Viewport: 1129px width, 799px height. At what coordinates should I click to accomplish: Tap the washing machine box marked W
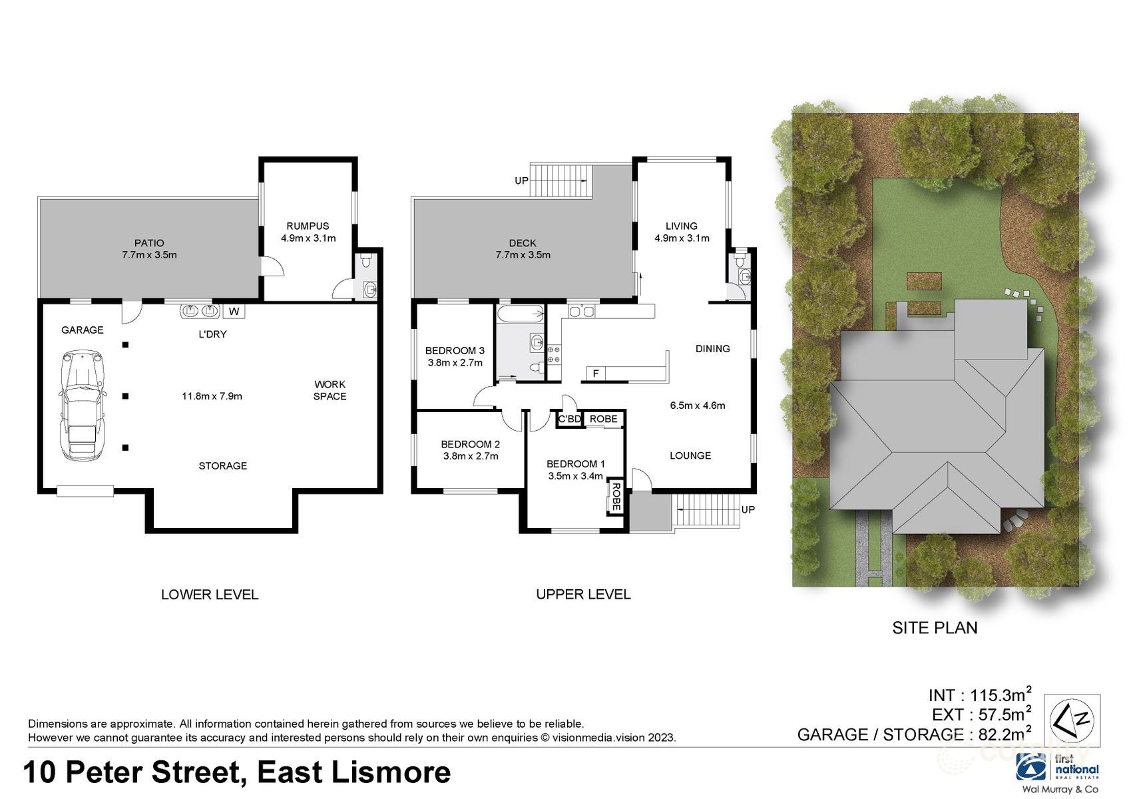click(234, 311)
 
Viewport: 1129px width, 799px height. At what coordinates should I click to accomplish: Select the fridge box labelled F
click(596, 374)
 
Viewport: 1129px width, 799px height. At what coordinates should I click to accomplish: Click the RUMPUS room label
click(308, 226)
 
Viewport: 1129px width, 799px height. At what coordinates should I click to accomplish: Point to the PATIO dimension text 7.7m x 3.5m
click(149, 255)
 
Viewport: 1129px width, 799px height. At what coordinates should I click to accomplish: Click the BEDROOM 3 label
click(455, 350)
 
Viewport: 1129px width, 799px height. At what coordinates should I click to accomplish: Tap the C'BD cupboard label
click(569, 419)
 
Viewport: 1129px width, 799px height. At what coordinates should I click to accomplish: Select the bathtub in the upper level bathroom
click(520, 314)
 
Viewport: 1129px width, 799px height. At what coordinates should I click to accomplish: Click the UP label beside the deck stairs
click(522, 180)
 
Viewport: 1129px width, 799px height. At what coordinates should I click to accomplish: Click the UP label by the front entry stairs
click(748, 509)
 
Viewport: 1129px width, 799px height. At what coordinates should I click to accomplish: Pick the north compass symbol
click(1072, 720)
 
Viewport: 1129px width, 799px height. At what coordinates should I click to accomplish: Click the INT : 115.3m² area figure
click(980, 695)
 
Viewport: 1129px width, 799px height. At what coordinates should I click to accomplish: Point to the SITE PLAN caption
click(935, 627)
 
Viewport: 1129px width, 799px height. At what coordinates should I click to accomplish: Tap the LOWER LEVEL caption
click(210, 595)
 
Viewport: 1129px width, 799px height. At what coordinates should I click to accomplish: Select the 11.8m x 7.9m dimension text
click(212, 396)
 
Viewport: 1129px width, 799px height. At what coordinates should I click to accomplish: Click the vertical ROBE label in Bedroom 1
click(616, 497)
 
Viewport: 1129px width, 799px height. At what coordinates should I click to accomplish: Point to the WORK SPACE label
click(330, 390)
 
